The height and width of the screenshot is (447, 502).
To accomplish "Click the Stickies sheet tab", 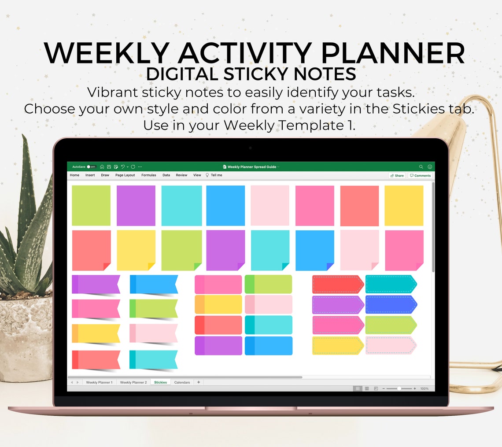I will pos(160,382).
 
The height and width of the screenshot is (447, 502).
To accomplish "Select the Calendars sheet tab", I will pos(182,382).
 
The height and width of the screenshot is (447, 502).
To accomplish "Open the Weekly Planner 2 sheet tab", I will pos(133,382).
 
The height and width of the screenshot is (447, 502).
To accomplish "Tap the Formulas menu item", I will pos(149,175).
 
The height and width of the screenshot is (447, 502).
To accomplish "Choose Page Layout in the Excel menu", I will pos(125,175).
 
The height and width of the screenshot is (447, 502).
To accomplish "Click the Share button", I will pos(397,175).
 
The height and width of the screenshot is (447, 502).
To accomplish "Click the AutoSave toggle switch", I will pos(92,167).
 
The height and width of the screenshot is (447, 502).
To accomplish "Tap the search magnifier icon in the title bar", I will pos(421,167).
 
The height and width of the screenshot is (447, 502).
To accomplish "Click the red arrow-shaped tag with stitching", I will pos(338,284).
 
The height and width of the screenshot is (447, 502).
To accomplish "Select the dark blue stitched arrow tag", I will pos(391,304).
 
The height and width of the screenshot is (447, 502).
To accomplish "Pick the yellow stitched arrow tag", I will pos(338,345).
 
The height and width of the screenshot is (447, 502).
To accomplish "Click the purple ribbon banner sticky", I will pos(96,284).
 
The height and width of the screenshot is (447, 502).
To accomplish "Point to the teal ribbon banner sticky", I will pos(154,359).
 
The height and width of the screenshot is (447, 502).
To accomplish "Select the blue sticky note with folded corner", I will pos(314,250).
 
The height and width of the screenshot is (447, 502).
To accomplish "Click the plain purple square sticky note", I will pos(136,205).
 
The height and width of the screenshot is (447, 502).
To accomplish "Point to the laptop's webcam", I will pos(251,148).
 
